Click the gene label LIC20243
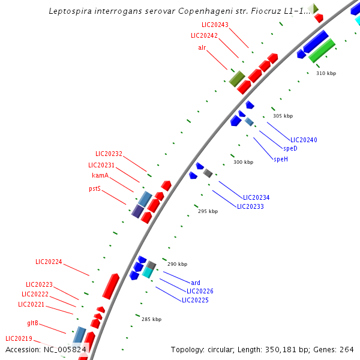215,25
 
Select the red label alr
202,47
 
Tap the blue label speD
290,148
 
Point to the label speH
281,159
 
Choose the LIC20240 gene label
304,140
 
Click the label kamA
100,175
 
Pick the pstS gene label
95,188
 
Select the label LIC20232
109,154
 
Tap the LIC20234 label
256,197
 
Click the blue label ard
196,283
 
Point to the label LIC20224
49,262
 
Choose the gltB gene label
32,323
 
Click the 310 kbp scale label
326,73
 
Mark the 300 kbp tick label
243,162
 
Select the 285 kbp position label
151,319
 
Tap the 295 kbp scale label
208,211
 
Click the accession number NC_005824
64,349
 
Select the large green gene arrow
322,50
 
